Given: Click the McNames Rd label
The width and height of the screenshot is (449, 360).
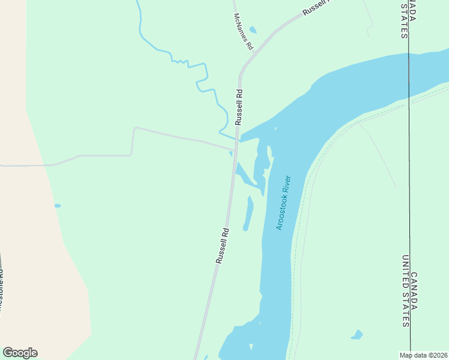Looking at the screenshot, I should point(244,31).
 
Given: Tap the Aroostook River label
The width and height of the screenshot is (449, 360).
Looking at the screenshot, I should point(283,203).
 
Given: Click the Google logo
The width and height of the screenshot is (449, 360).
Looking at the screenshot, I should point(20,353).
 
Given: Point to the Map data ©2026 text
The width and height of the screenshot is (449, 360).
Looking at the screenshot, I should point(424,355).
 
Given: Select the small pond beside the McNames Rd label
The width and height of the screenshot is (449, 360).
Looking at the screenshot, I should point(253,30).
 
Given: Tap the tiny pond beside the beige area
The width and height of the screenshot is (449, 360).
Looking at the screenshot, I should point(57,206).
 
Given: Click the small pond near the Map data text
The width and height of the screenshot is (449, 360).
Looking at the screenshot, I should point(357,335).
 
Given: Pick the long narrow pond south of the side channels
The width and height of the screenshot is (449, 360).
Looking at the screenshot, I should point(248,214).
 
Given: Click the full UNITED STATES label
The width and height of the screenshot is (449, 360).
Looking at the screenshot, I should point(405,291).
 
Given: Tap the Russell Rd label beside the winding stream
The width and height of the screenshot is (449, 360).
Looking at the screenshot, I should point(239,107).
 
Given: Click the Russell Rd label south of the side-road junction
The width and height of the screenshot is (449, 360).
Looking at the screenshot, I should point(222,245).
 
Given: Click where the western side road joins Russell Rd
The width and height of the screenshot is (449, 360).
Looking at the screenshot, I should point(234,149).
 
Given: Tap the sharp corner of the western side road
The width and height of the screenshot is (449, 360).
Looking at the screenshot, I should point(133,128).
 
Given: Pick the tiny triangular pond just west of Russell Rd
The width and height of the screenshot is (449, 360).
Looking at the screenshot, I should point(231,154).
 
